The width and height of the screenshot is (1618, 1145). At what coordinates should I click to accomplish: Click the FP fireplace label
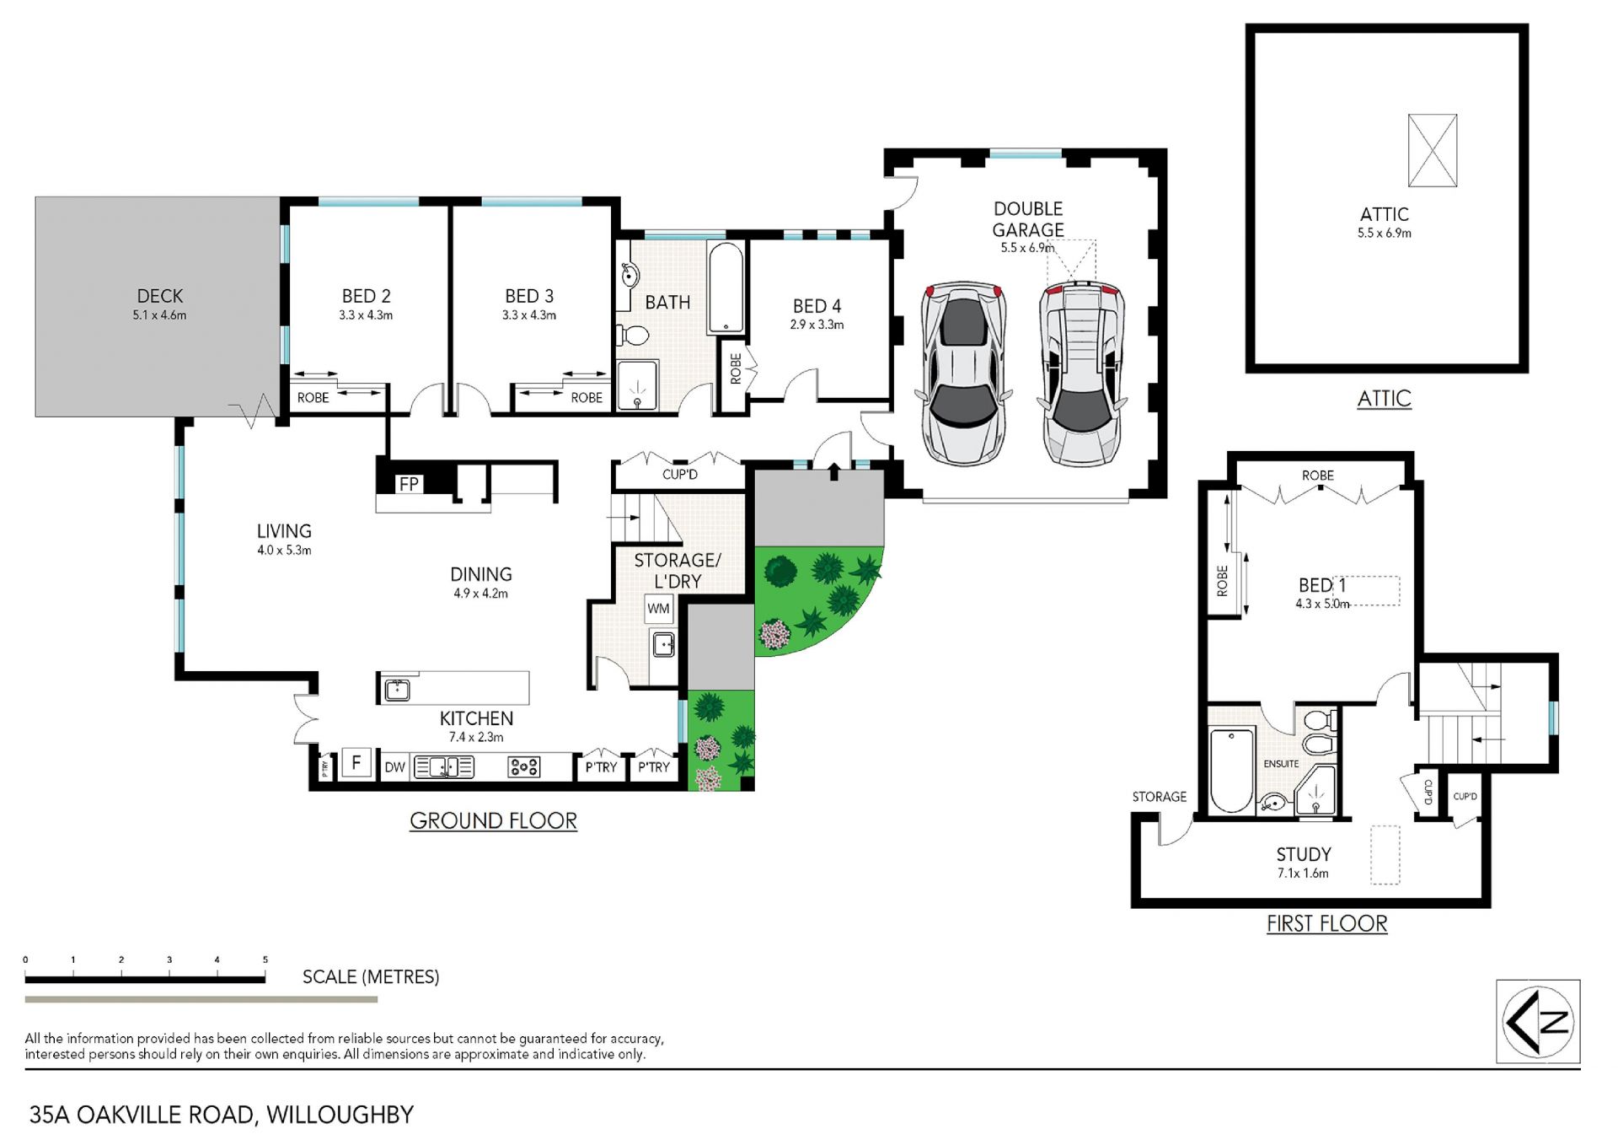[x=409, y=484]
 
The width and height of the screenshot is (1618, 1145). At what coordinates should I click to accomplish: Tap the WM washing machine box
[x=658, y=609]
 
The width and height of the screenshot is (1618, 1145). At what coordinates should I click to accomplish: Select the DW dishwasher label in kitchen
[x=394, y=767]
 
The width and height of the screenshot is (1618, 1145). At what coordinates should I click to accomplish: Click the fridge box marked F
[x=356, y=763]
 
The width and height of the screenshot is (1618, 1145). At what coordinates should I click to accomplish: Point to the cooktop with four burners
[x=523, y=766]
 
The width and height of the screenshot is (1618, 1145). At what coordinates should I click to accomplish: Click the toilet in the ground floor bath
[x=633, y=336]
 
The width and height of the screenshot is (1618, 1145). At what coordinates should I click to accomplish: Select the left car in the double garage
[x=964, y=374]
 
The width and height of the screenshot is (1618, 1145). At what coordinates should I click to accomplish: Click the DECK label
[x=159, y=296]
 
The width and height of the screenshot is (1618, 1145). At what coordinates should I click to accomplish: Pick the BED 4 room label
[x=817, y=306]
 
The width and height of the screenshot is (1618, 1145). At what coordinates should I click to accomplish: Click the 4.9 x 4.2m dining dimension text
[x=480, y=594]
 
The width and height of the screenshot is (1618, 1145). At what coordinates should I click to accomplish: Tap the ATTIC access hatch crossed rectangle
[x=1433, y=151]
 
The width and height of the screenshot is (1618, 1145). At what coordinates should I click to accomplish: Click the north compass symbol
[x=1538, y=1021]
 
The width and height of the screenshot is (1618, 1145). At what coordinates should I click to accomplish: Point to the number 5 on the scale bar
[x=265, y=960]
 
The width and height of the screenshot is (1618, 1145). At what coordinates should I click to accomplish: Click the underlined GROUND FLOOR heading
[x=493, y=821]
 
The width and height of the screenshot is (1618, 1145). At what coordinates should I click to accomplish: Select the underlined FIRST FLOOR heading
[x=1326, y=924]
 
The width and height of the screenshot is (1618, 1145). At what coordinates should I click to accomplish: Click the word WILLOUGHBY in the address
[x=340, y=1115]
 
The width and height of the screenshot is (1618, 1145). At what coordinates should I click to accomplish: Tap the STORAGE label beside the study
[x=1159, y=797]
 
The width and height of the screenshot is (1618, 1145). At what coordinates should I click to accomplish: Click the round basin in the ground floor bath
[x=629, y=276]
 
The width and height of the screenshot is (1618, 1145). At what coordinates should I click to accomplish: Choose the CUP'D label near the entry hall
[x=679, y=475]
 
